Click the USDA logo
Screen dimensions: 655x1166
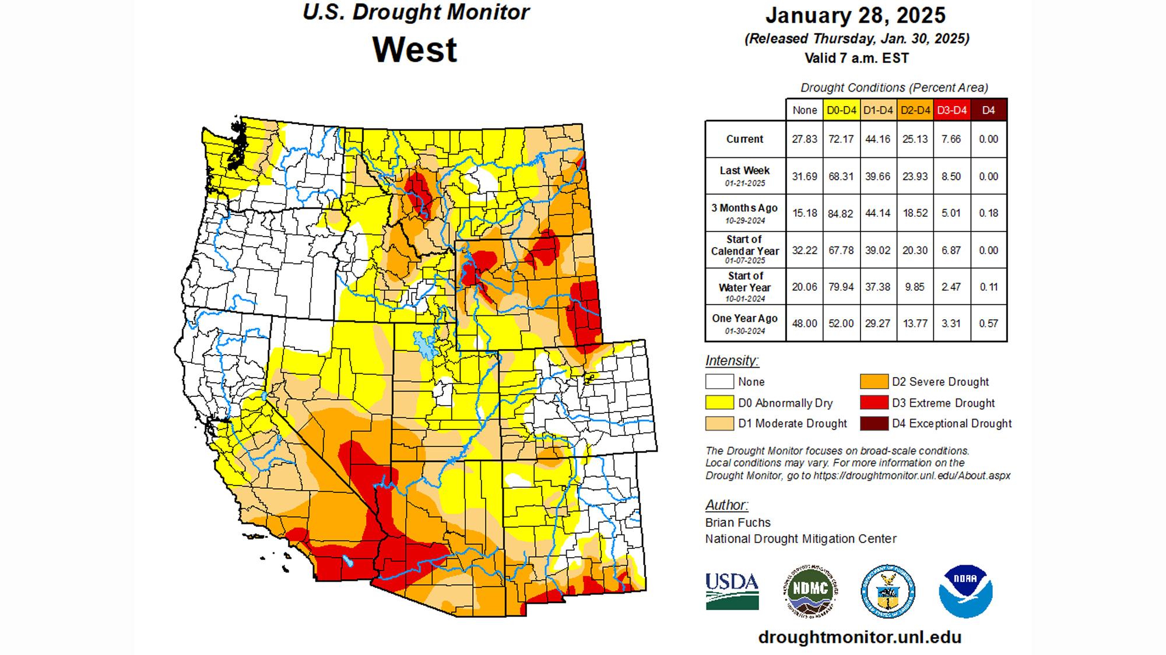click(x=732, y=591)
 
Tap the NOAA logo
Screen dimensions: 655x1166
click(x=965, y=591)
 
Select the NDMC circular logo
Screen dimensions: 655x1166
click(x=810, y=591)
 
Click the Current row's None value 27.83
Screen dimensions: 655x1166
click(x=805, y=139)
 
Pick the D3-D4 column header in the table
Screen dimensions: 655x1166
click(x=951, y=110)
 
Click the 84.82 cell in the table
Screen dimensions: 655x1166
click(x=841, y=213)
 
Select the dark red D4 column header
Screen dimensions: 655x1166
click(x=989, y=110)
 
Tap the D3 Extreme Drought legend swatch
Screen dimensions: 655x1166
click(x=873, y=403)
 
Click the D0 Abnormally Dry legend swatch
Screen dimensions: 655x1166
click(x=719, y=403)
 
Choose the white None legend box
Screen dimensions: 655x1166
click(x=719, y=382)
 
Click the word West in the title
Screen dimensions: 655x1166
click(x=415, y=50)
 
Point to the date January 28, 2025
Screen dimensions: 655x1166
click(x=856, y=15)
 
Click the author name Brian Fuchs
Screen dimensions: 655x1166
click(x=737, y=523)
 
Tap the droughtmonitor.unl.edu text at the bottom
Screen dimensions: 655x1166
click(x=859, y=637)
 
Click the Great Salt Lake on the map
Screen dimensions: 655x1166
click(x=424, y=346)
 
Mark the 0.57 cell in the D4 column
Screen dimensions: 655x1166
click(x=989, y=323)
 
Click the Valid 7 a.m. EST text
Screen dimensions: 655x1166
click(x=856, y=58)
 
